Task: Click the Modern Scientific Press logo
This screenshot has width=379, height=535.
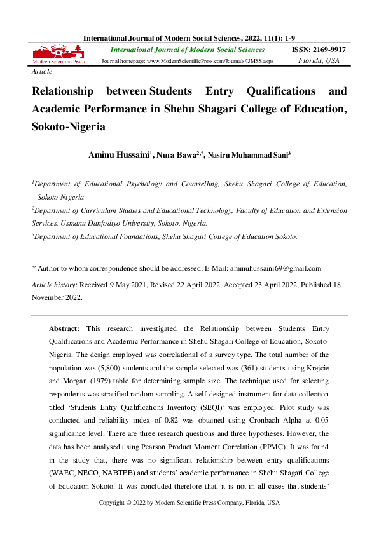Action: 58,55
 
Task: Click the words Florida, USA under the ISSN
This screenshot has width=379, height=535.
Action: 319,61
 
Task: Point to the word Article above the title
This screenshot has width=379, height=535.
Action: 42,72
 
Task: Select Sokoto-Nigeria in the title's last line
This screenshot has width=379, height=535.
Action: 68,126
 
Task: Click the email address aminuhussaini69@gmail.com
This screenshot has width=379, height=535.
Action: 276,268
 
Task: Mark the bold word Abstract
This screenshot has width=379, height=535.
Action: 64,328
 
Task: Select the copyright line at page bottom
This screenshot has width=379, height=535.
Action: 190,503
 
